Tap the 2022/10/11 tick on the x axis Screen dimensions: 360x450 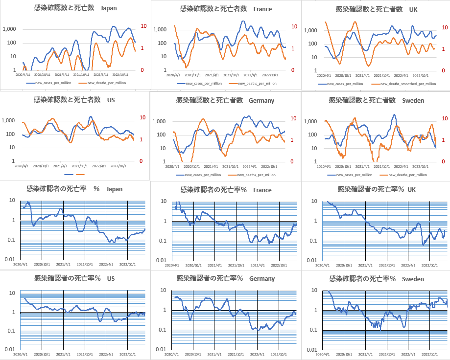pyautogui.click(x=120, y=75)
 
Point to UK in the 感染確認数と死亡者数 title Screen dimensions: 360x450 pyautogui.click(x=413, y=9)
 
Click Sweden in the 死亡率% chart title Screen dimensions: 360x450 pyautogui.click(x=414, y=279)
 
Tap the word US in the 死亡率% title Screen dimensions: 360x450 pyautogui.click(x=111, y=278)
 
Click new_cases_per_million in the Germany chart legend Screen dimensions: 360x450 pyautogui.click(x=203, y=175)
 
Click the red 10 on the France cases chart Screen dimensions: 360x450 pyautogui.click(x=294, y=26)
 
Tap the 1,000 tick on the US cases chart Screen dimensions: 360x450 pyautogui.click(x=9, y=120)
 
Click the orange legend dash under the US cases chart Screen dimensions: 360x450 pyautogui.click(x=81, y=174)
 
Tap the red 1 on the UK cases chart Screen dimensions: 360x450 pyautogui.click(x=444, y=48)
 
